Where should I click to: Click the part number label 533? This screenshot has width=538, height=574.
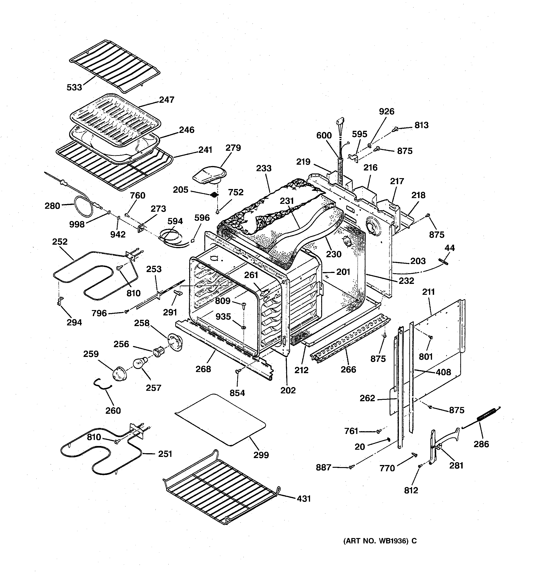74,87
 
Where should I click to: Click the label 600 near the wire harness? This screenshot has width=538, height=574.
324,135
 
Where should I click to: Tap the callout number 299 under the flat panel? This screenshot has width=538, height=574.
261,455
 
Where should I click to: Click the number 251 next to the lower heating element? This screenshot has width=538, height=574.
165,454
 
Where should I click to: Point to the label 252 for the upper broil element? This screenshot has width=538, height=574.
60,242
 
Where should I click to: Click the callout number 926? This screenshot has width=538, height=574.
386,112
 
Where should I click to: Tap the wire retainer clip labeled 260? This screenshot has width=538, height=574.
102,385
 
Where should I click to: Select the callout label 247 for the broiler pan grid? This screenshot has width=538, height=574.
167,100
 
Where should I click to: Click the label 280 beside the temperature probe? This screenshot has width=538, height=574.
52,206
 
